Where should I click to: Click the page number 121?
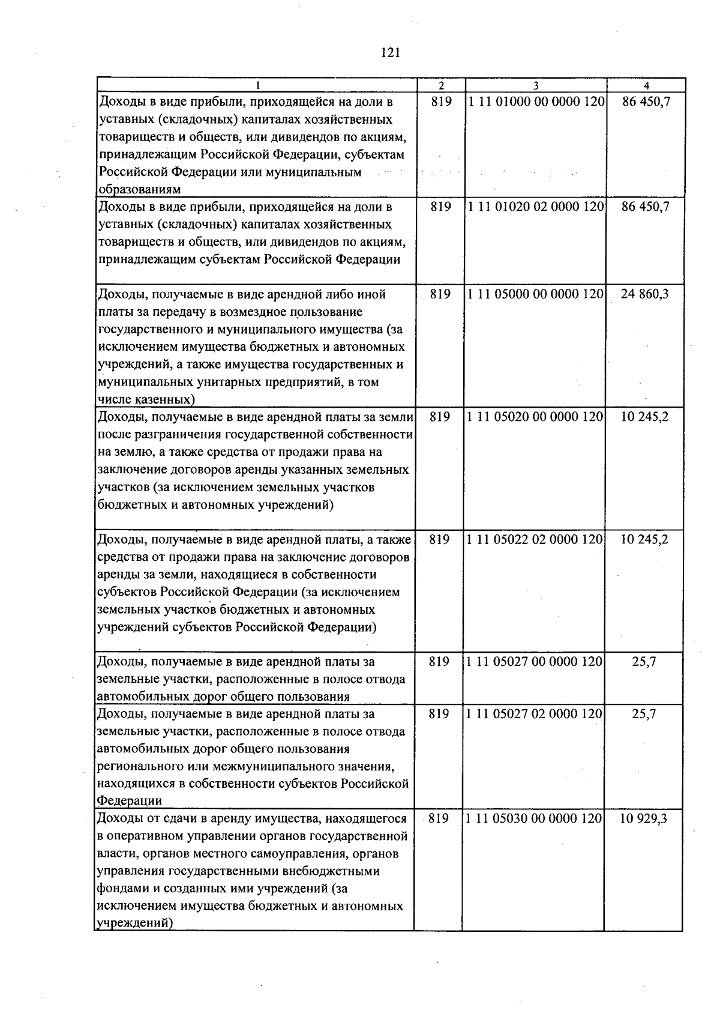[390, 53]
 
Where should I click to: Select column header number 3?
[536, 85]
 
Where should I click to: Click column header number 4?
[646, 85]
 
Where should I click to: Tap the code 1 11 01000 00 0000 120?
[536, 102]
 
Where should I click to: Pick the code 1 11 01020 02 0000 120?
[536, 207]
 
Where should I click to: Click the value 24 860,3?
[645, 295]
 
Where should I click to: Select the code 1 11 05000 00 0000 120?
[535, 295]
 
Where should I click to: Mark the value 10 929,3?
[644, 818]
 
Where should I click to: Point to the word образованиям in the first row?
[140, 190]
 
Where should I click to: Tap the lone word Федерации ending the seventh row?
[129, 802]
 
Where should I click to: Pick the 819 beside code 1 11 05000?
[440, 295]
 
